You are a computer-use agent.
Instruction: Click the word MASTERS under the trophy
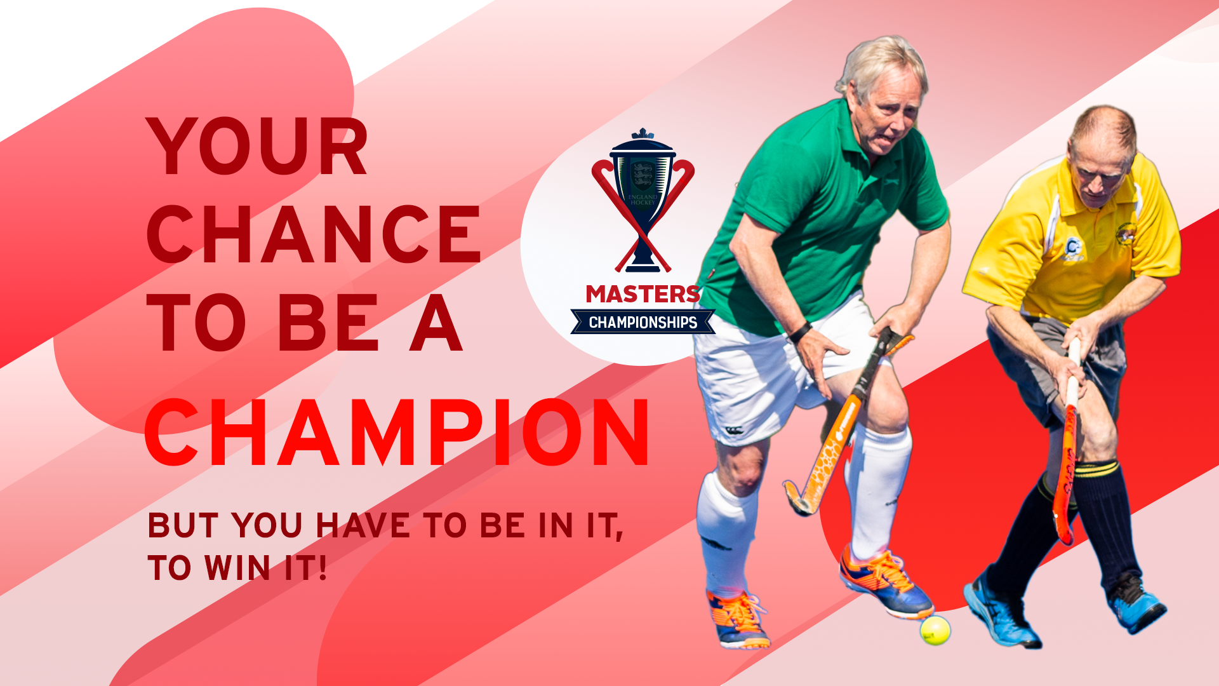tap(643, 294)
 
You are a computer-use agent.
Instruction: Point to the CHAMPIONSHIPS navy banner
tap(643, 322)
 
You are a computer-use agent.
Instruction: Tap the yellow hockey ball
tap(935, 630)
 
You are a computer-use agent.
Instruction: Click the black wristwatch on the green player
tap(800, 332)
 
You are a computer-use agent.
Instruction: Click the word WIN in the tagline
tap(237, 567)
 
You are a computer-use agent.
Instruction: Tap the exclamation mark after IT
tap(322, 567)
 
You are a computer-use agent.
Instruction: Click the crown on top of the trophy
tap(643, 133)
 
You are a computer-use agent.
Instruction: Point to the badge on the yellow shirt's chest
tap(1072, 249)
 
